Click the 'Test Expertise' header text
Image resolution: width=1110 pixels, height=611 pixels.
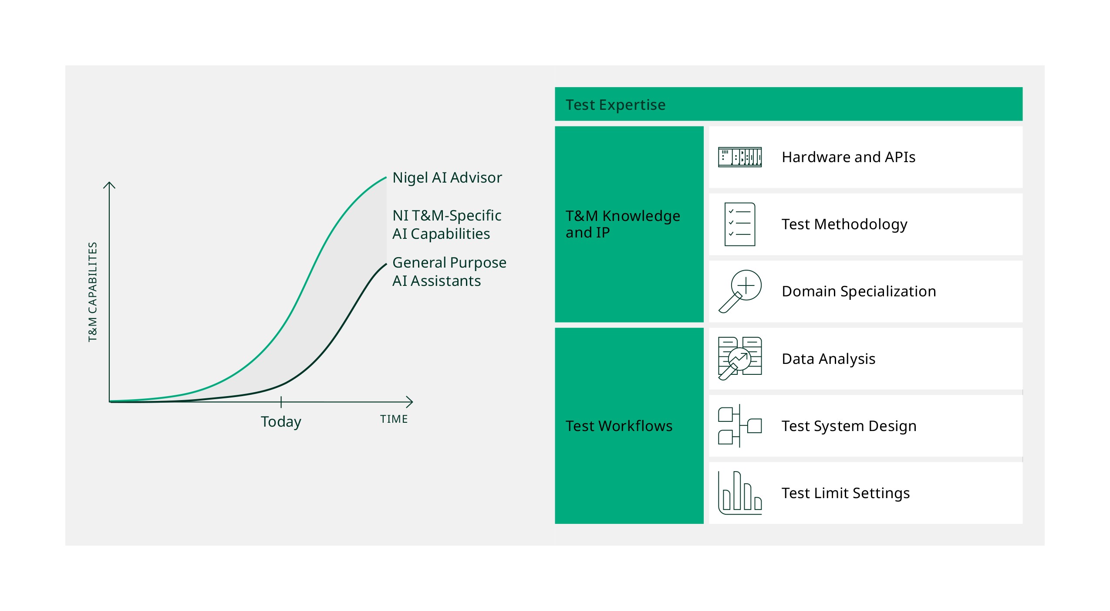615,105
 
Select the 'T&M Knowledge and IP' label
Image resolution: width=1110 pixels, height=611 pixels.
623,224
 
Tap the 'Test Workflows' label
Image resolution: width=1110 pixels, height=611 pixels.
619,426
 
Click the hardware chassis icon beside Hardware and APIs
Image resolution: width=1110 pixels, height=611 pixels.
740,157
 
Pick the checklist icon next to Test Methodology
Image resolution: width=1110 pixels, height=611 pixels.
740,224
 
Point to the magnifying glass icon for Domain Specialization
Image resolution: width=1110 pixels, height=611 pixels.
740,291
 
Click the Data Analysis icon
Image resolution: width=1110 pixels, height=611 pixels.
740,358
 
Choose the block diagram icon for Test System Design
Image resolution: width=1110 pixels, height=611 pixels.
740,426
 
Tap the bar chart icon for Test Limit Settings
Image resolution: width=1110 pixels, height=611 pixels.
740,493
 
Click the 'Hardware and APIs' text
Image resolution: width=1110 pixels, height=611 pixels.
848,157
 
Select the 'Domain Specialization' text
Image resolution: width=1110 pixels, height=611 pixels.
859,291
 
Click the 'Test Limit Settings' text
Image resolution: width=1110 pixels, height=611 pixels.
846,493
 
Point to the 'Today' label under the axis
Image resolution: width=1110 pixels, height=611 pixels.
281,422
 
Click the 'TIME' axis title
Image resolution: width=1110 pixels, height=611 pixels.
394,419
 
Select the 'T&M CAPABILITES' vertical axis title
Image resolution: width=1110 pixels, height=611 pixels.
92,292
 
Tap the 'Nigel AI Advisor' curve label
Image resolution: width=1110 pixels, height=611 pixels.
447,178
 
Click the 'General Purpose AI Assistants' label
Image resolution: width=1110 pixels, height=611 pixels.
449,272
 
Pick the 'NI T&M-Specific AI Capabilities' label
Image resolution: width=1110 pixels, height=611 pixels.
447,224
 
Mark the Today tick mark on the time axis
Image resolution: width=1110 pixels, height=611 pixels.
281,402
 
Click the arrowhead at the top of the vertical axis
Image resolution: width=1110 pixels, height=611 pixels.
109,183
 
